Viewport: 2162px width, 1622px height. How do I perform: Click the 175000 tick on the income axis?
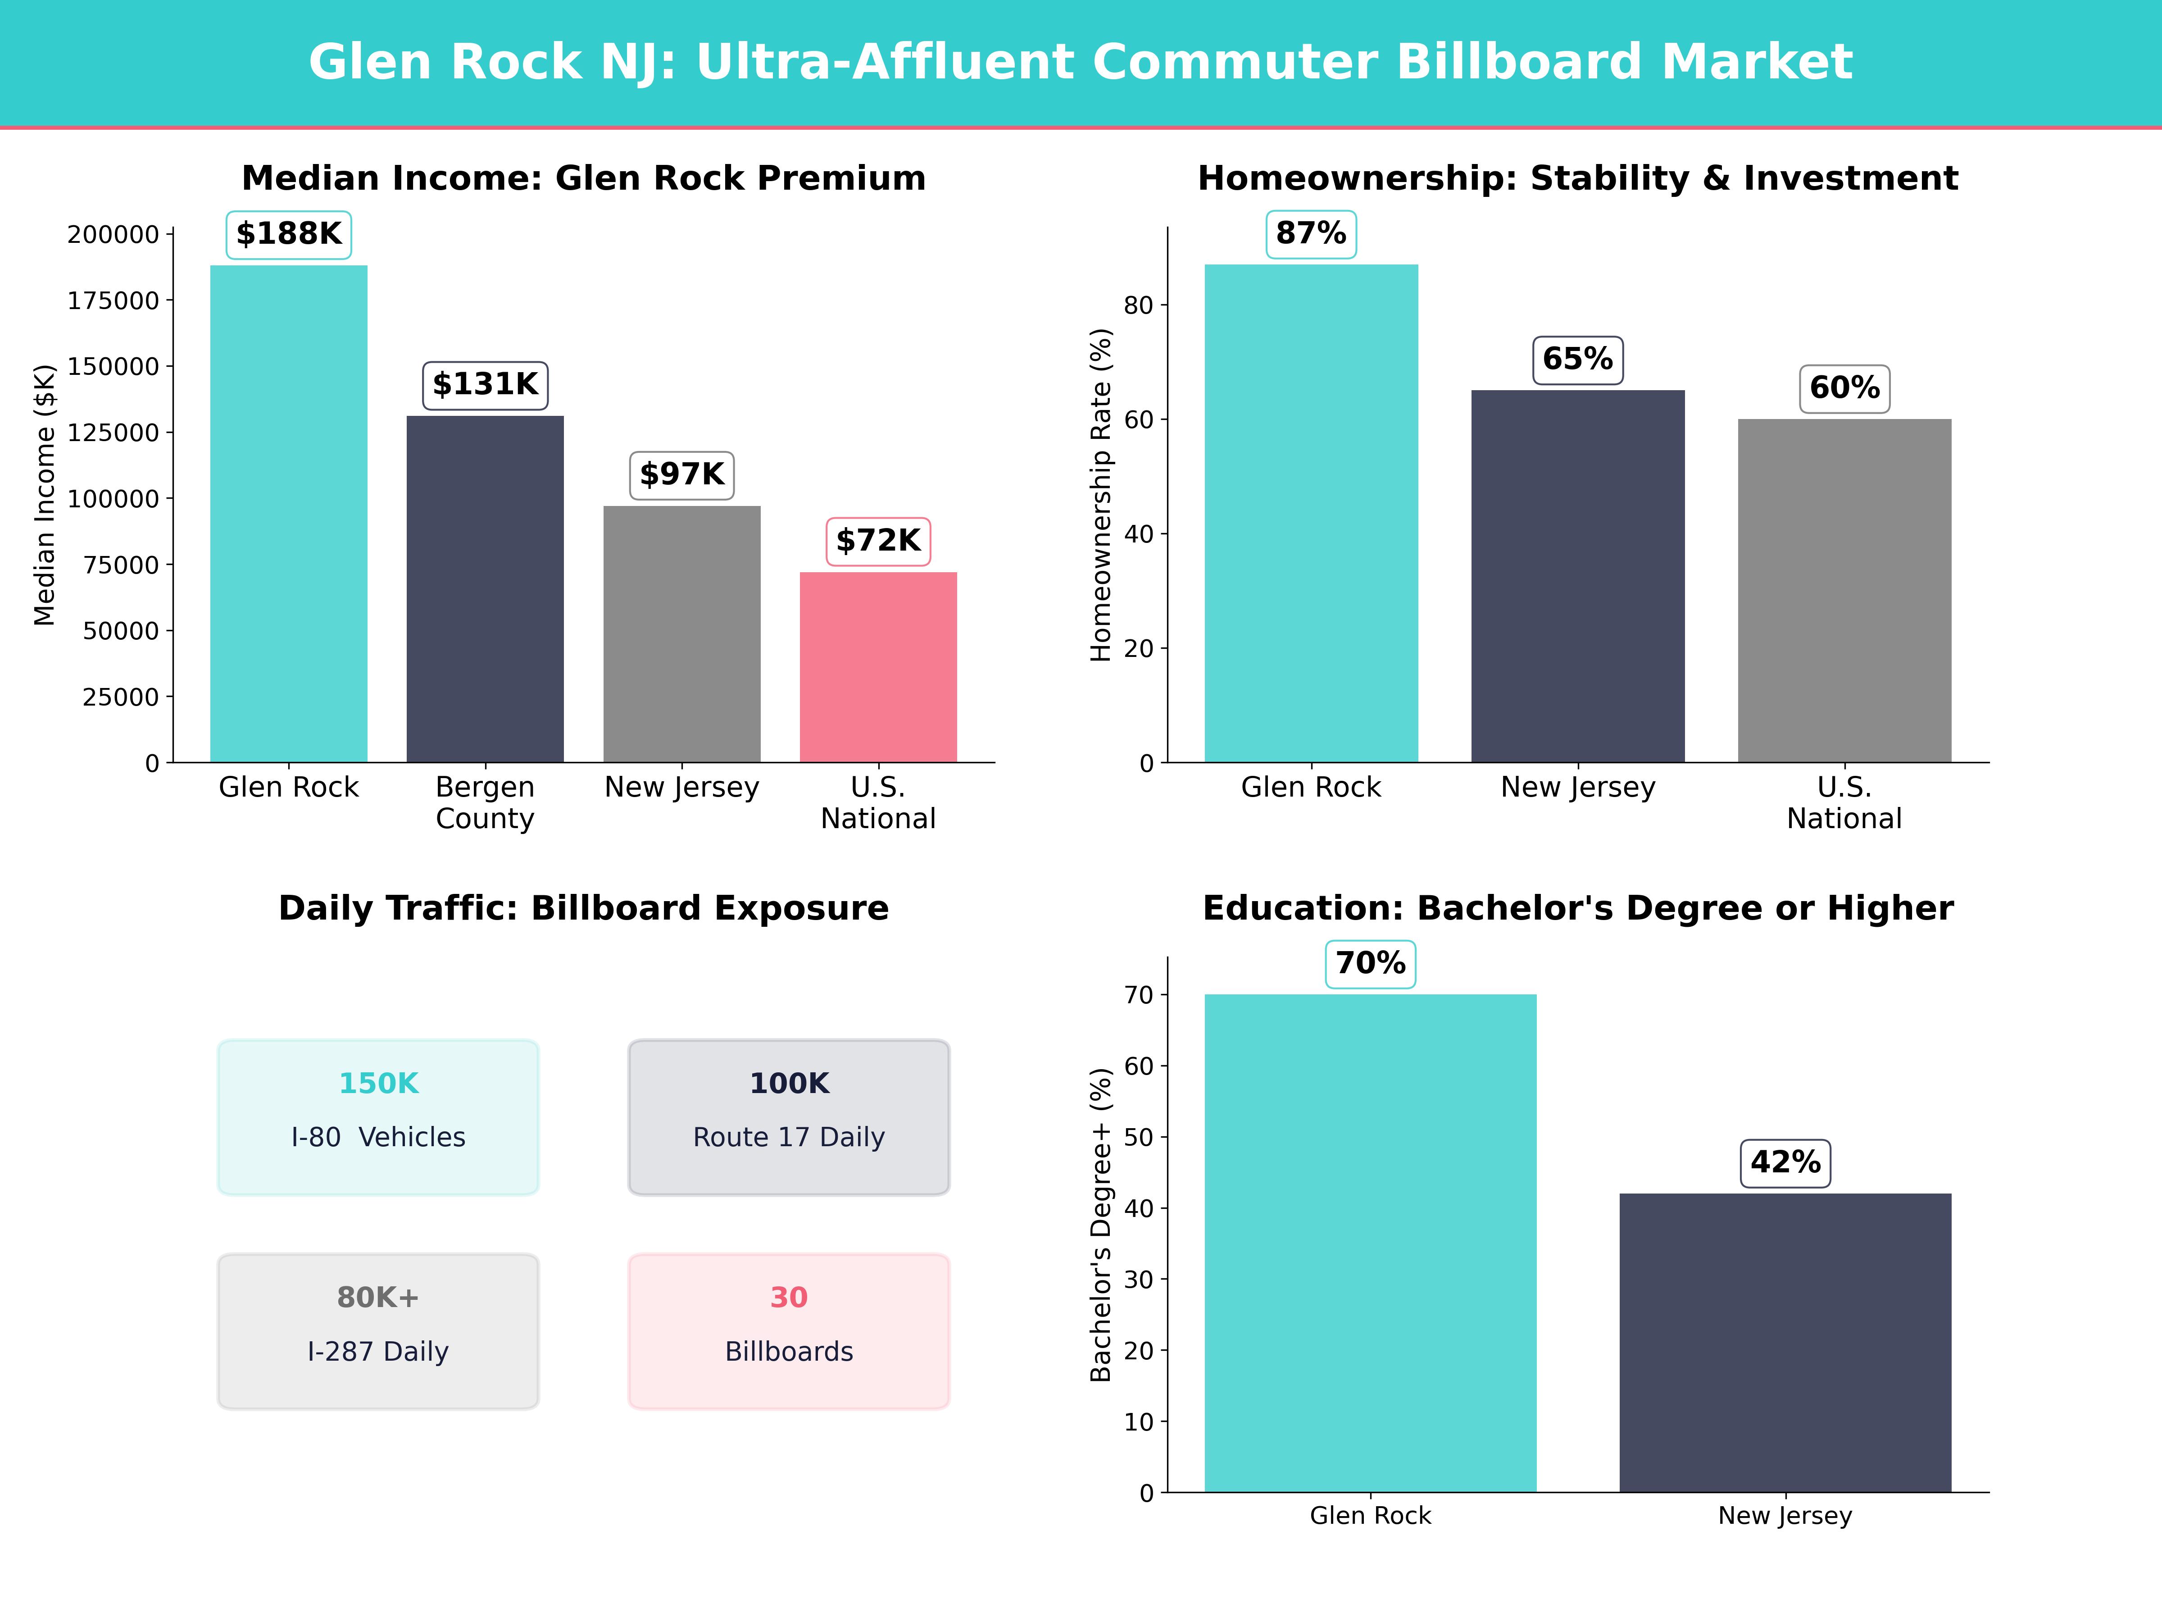[113, 301]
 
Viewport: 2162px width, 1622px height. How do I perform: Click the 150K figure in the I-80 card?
[378, 1083]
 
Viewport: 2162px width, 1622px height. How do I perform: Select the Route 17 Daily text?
[789, 1137]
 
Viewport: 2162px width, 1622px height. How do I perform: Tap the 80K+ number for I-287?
[378, 1298]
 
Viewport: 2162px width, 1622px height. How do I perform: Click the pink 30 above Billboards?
[789, 1298]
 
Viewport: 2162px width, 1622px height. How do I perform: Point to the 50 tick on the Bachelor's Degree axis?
[1139, 1137]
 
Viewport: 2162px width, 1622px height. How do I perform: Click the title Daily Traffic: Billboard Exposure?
[583, 908]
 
